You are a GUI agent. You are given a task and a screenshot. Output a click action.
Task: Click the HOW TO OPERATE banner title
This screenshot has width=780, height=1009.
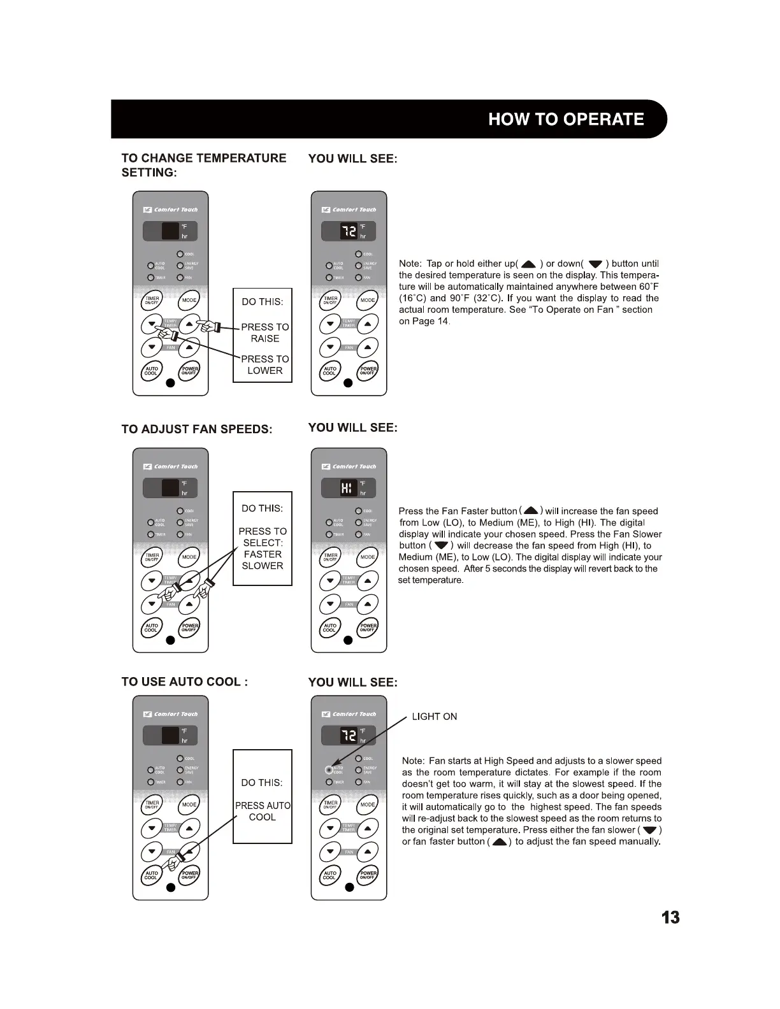coord(565,120)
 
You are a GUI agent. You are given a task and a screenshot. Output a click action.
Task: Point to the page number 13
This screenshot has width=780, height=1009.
coord(670,917)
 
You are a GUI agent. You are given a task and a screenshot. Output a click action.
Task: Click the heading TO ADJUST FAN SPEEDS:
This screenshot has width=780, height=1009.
coord(196,429)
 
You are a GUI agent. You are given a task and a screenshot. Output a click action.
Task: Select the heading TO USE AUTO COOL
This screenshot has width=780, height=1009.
coord(184,682)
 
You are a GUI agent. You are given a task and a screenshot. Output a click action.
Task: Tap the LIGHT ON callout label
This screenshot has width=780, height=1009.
coord(434,717)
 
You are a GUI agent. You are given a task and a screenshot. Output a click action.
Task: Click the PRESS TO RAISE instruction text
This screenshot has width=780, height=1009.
coord(264,333)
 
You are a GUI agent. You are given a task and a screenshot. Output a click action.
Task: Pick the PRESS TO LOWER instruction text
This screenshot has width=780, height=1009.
coord(264,364)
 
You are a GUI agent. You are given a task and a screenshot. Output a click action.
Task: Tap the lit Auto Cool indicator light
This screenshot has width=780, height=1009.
coord(329,769)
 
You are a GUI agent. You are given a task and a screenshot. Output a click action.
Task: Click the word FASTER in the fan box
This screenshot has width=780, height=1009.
coord(263,554)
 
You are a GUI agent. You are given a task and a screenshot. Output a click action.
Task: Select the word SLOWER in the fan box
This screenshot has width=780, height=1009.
coord(263,566)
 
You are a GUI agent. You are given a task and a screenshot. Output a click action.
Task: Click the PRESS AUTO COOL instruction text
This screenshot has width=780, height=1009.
coord(263,811)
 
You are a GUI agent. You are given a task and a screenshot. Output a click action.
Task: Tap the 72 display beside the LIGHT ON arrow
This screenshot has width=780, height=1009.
coord(348,736)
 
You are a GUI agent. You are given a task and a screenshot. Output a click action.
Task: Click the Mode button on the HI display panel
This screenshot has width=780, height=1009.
coord(368,557)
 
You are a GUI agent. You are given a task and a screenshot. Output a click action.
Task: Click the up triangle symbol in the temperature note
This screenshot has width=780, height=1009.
coord(528,264)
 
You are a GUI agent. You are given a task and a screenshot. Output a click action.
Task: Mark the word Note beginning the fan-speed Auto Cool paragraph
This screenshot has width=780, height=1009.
coord(413,761)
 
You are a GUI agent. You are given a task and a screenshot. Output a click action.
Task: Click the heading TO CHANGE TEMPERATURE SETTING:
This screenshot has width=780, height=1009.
coord(203,165)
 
